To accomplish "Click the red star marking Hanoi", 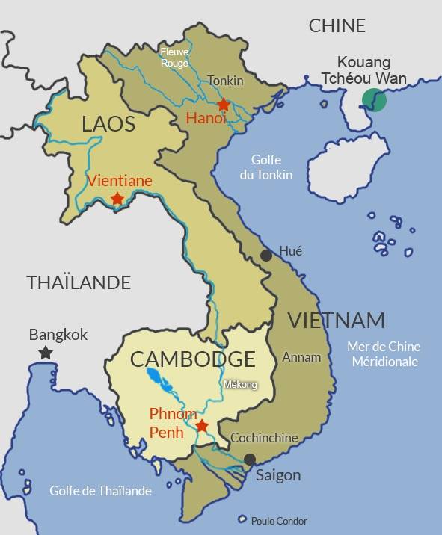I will [223, 105].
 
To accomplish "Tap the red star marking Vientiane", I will [117, 199].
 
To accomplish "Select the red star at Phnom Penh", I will [201, 426].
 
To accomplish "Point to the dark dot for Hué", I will [265, 256].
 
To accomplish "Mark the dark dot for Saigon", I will [250, 460].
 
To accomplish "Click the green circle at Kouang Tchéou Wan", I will [373, 100].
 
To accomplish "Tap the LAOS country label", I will [108, 124].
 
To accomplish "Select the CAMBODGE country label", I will [192, 359].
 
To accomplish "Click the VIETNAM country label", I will [336, 321].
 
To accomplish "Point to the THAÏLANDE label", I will [79, 282].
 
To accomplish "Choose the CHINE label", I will [337, 25].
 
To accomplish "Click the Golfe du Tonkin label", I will [270, 167].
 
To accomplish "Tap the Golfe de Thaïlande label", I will [100, 491].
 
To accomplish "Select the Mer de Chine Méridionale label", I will [384, 354].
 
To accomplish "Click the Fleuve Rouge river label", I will [174, 58].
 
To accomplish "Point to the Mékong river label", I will [240, 385].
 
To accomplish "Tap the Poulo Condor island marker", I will [242, 519].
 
